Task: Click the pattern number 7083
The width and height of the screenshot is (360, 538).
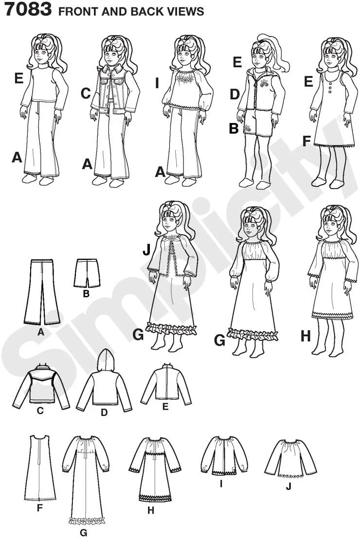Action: (x=28, y=9)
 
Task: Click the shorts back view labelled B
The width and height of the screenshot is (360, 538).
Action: (x=87, y=273)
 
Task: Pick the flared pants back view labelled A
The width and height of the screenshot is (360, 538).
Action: (x=41, y=292)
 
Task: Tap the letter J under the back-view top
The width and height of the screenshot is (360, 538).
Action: (x=288, y=486)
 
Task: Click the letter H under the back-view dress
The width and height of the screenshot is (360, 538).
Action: (x=151, y=510)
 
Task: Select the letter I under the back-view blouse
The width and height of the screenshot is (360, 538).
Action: (x=221, y=484)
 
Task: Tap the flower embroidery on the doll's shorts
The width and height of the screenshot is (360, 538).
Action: (x=247, y=129)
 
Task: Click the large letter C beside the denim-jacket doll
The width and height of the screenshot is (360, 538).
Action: (x=86, y=93)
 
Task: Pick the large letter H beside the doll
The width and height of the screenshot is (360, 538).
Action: (x=306, y=336)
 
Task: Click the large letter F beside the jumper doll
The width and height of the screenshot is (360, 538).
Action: (x=307, y=141)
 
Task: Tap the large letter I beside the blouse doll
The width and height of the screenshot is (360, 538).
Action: (x=157, y=83)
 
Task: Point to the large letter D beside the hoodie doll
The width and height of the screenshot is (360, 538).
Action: (x=234, y=94)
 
